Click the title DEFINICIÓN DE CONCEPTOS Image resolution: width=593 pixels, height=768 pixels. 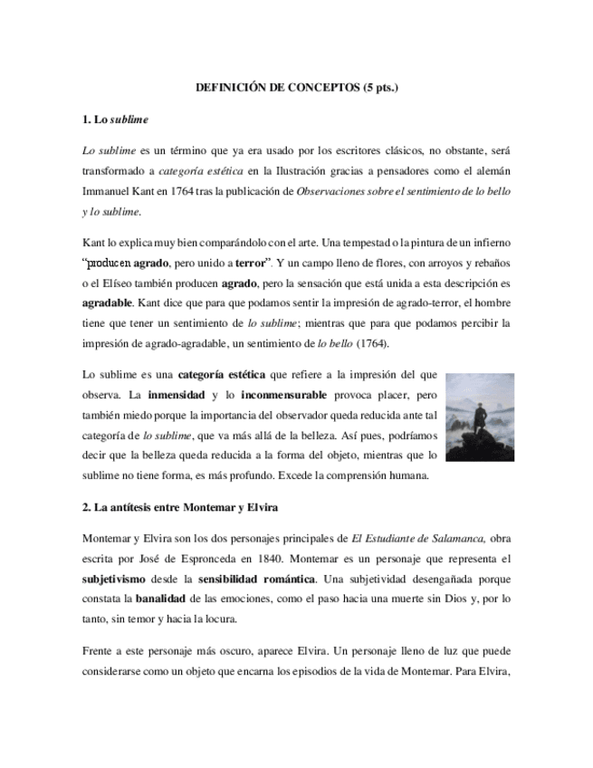297,88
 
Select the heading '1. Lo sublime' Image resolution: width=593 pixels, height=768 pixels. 115,119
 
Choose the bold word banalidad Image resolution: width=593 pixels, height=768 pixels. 164,599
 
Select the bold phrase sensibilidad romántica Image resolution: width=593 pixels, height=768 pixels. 262,577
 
